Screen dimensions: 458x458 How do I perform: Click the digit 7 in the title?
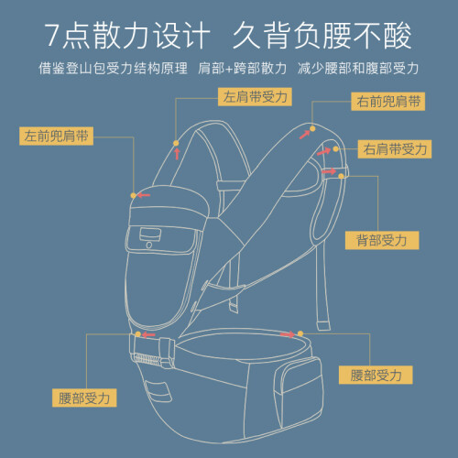point(52,35)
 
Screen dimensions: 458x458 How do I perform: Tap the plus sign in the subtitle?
point(229,69)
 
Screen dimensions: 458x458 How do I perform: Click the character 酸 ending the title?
point(398,35)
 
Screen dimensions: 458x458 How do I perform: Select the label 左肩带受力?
point(255,97)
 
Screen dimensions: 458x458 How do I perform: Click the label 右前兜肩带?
point(387,102)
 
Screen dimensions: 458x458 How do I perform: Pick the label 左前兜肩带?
point(56,136)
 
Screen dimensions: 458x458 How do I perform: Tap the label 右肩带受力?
point(395,149)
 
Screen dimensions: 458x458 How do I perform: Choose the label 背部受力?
point(382,240)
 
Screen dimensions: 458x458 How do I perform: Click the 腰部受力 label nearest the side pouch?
point(376,375)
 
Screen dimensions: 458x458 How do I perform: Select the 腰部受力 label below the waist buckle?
point(84,398)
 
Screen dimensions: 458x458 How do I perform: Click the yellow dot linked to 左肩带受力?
point(176,143)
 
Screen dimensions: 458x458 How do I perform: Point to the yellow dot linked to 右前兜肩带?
point(312,129)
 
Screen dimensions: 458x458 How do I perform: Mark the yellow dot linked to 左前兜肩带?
point(133,195)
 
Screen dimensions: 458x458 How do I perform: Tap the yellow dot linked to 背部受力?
point(341,176)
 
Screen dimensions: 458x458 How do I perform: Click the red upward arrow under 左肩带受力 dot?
point(177,154)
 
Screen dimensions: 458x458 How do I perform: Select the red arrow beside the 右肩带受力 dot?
point(323,151)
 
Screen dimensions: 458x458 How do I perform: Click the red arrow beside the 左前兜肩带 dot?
point(144,195)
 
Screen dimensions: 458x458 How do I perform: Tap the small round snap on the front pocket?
point(149,245)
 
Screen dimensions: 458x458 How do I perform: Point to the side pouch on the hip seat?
point(299,392)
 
